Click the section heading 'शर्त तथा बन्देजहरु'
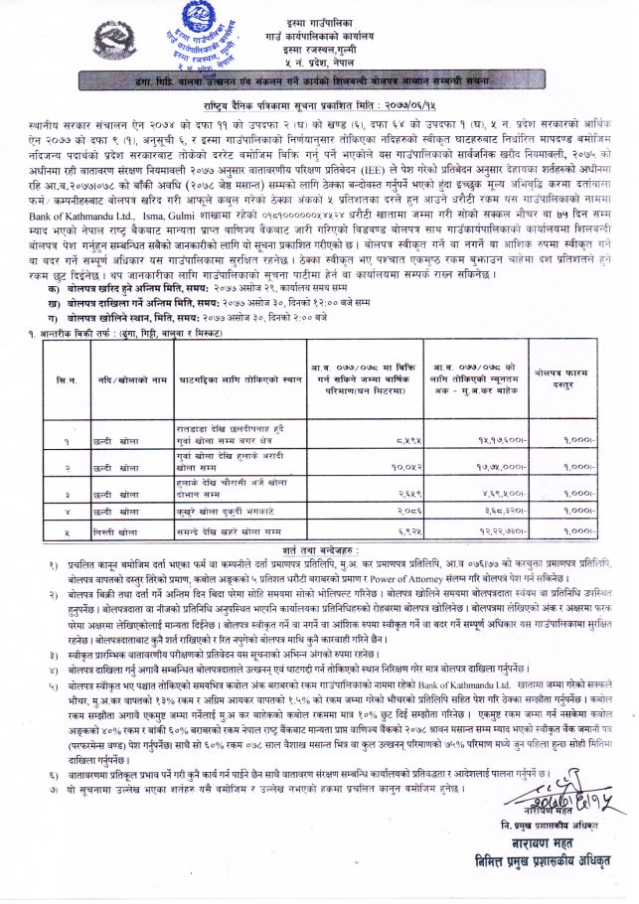(318, 549)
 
